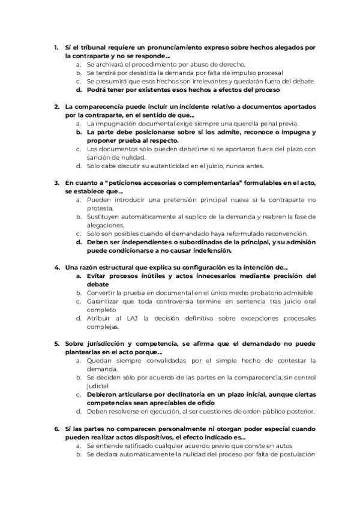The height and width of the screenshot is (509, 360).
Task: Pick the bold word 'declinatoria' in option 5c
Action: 179,395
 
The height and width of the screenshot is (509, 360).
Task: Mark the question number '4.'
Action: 56,267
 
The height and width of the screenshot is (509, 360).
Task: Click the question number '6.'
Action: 56,429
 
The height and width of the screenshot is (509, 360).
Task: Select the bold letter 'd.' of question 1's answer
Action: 79,89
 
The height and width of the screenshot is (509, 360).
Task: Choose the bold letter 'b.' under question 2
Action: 79,131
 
